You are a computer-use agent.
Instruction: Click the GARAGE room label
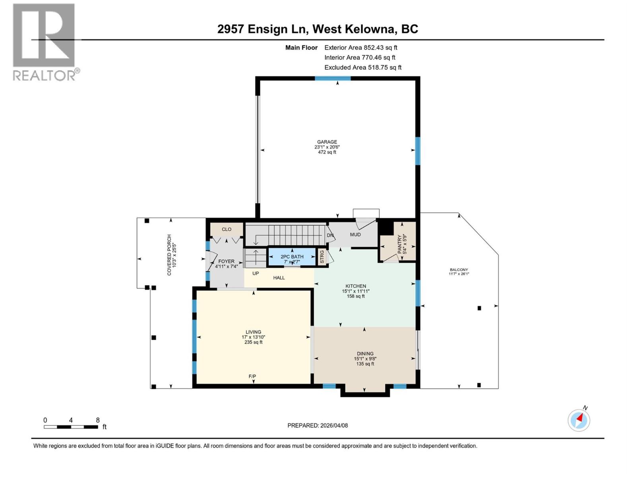pyautogui.click(x=327, y=142)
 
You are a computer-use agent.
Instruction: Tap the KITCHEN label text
pyautogui.click(x=355, y=286)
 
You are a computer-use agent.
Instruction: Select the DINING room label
pyautogui.click(x=365, y=354)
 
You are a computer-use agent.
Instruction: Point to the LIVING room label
pyautogui.click(x=253, y=332)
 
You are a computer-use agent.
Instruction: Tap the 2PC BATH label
pyautogui.click(x=292, y=257)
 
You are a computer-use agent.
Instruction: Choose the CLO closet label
pyautogui.click(x=227, y=229)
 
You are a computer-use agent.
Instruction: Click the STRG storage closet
pyautogui.click(x=322, y=257)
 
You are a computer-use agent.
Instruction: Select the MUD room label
pyautogui.click(x=355, y=235)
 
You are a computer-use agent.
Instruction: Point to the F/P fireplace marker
pyautogui.click(x=252, y=376)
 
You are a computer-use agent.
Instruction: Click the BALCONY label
pyautogui.click(x=459, y=270)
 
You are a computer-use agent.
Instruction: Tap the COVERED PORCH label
pyautogui.click(x=169, y=254)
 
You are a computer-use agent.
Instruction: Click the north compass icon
pyautogui.click(x=579, y=420)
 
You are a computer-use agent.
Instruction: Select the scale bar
pyautogui.click(x=71, y=427)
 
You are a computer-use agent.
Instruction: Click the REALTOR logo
pyautogui.click(x=45, y=42)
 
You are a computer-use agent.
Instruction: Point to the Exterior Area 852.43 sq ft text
pyautogui.click(x=361, y=47)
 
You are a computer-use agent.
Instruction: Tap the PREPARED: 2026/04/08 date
pyautogui.click(x=318, y=425)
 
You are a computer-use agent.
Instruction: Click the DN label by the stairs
pyautogui.click(x=330, y=235)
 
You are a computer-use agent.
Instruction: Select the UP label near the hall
pyautogui.click(x=256, y=273)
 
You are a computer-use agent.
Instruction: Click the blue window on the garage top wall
pyautogui.click(x=333, y=78)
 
